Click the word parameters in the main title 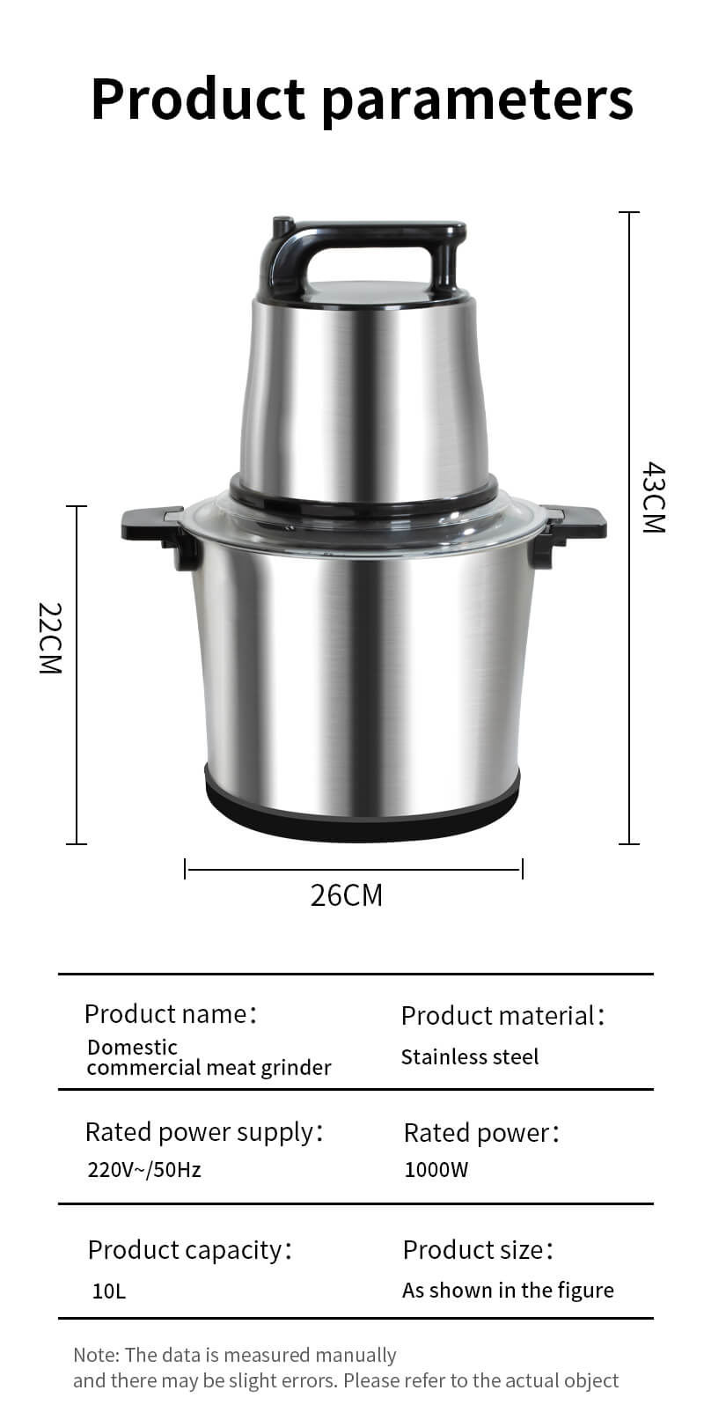click(478, 101)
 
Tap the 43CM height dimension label click(654, 497)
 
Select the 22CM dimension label click(50, 637)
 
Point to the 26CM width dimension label click(347, 895)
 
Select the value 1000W click(436, 1170)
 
